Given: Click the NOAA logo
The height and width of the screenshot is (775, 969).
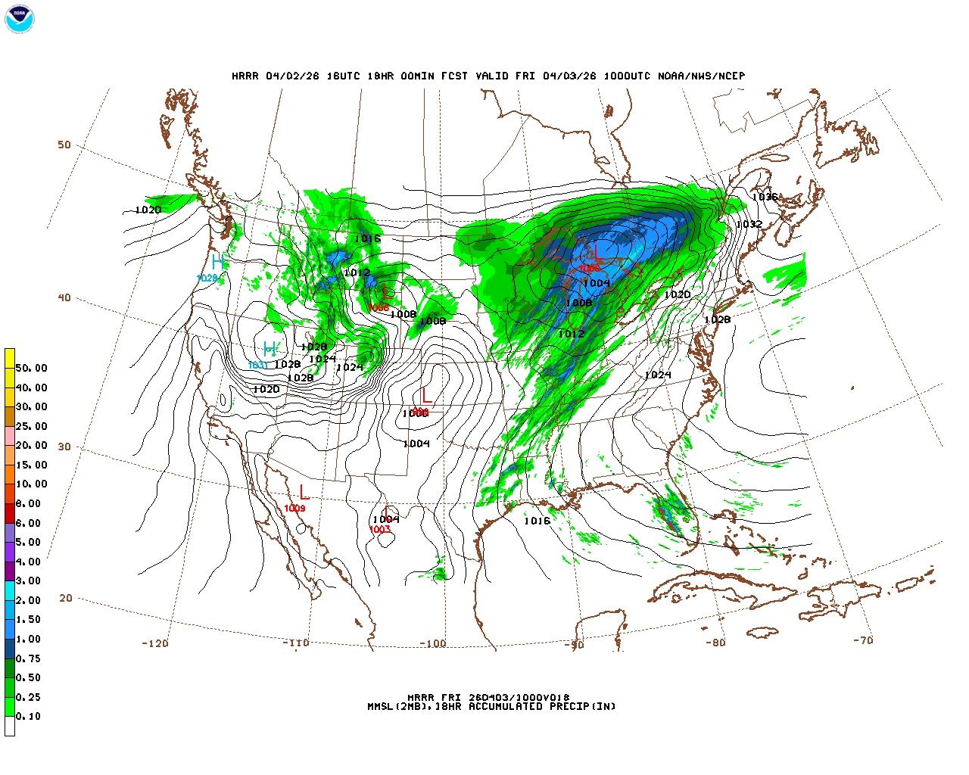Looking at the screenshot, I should pyautogui.click(x=19, y=19).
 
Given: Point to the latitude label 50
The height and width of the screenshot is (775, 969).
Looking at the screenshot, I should pyautogui.click(x=64, y=145).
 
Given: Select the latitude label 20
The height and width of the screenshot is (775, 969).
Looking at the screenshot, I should pyautogui.click(x=66, y=598).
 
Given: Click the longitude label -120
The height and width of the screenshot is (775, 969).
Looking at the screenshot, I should pyautogui.click(x=154, y=643).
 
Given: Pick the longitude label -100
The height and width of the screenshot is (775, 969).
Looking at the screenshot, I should pyautogui.click(x=432, y=644).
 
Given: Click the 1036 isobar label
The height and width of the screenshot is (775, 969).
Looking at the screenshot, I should pyautogui.click(x=765, y=197).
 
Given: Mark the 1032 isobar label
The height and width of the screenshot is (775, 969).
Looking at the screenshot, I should pyautogui.click(x=749, y=224).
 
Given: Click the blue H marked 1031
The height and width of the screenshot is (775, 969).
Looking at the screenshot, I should pyautogui.click(x=270, y=349).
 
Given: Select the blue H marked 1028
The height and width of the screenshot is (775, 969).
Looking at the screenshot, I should pyautogui.click(x=218, y=262).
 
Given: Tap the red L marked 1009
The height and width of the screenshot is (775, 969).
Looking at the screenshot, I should pyautogui.click(x=304, y=493).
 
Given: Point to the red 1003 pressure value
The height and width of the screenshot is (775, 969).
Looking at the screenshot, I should pyautogui.click(x=379, y=530).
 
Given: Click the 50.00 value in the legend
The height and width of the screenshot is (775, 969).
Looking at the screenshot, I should pyautogui.click(x=31, y=368).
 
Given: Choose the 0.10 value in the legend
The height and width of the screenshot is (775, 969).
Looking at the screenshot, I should pyautogui.click(x=28, y=716).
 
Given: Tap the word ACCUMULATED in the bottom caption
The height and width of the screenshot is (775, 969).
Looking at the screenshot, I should pyautogui.click(x=506, y=707).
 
